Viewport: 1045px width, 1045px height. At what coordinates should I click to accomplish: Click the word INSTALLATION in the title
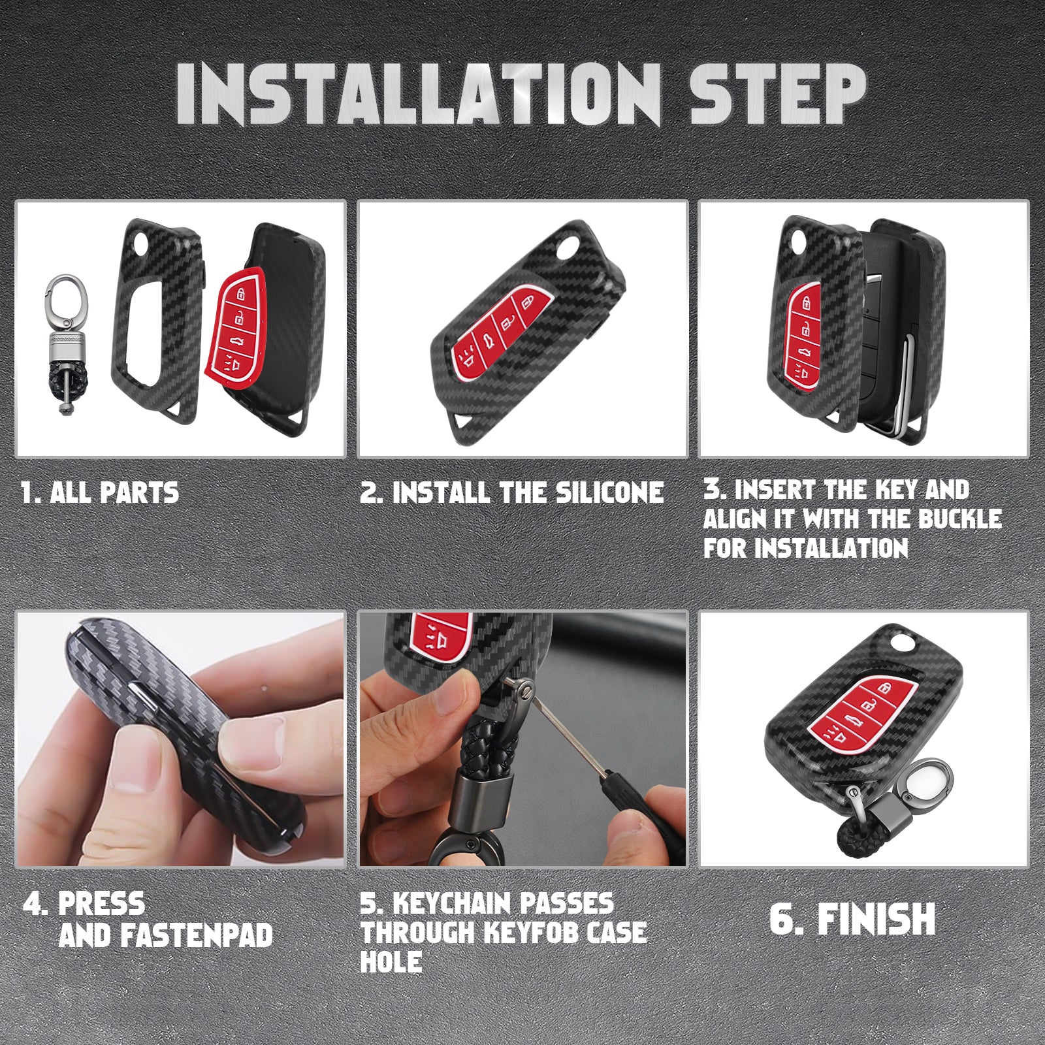click(x=419, y=95)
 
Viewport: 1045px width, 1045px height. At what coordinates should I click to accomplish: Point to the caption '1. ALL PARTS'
click(x=100, y=492)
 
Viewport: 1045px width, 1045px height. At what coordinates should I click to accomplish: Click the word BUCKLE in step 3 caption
click(x=960, y=519)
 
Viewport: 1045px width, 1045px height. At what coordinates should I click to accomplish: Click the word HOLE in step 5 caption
click(x=391, y=961)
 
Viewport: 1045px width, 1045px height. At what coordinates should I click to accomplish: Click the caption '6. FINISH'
click(x=852, y=919)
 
